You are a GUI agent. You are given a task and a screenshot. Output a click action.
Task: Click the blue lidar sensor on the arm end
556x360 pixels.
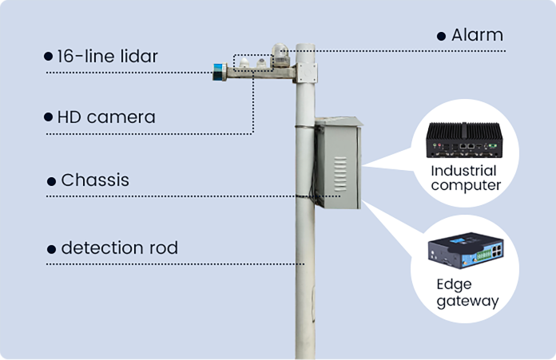tap(217, 71)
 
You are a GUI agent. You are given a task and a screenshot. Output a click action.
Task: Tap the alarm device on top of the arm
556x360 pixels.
tap(279, 53)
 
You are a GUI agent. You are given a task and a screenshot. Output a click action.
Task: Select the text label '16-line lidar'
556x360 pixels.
tap(107, 57)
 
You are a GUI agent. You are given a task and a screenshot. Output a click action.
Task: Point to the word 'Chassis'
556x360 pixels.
tap(95, 180)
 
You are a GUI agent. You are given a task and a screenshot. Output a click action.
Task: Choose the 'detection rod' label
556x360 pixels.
tap(119, 247)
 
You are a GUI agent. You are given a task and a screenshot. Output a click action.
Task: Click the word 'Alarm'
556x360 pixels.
tap(477, 35)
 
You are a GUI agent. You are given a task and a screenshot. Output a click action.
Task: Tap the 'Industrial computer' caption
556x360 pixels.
tap(465, 178)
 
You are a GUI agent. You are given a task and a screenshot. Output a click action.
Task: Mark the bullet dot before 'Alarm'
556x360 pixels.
tap(441, 37)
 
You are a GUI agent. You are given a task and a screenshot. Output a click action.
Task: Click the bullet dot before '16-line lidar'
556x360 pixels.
tap(48, 57)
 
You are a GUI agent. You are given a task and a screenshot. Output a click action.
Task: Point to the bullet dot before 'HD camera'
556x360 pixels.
tap(48, 117)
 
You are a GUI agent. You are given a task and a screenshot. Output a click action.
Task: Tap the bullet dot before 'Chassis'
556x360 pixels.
tap(53, 181)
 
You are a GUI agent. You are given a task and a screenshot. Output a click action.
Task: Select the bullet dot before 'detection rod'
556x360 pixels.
tap(53, 248)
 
